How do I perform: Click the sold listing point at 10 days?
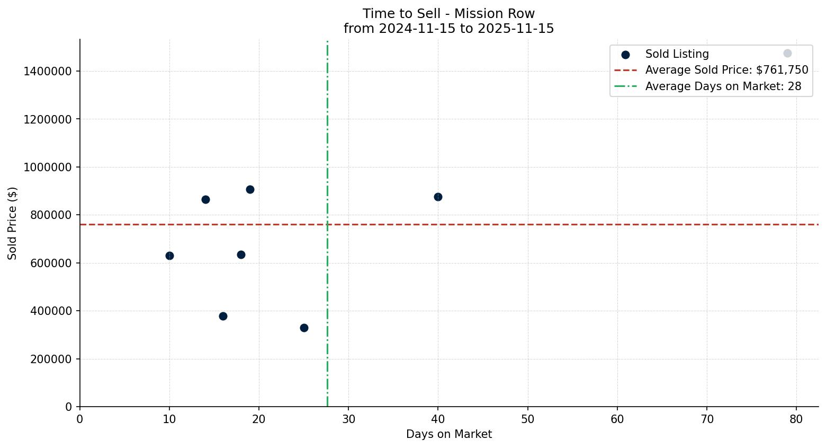click(169, 256)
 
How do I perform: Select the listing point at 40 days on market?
click(438, 197)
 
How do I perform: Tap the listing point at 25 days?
click(304, 328)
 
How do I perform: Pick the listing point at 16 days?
click(223, 316)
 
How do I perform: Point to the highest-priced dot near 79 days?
click(787, 53)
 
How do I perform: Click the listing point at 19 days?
click(250, 189)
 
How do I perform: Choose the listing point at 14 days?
click(205, 199)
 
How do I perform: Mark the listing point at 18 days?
click(241, 254)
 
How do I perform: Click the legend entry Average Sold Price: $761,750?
click(726, 70)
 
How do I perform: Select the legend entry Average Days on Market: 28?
click(723, 86)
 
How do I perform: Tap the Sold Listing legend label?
click(677, 54)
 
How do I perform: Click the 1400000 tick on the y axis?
click(48, 71)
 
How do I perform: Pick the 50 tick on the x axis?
click(528, 419)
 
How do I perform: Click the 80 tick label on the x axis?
click(796, 419)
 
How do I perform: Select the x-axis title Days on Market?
click(449, 434)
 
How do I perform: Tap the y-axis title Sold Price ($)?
click(13, 223)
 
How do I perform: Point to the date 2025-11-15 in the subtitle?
click(516, 29)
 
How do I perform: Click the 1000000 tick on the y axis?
click(48, 167)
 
